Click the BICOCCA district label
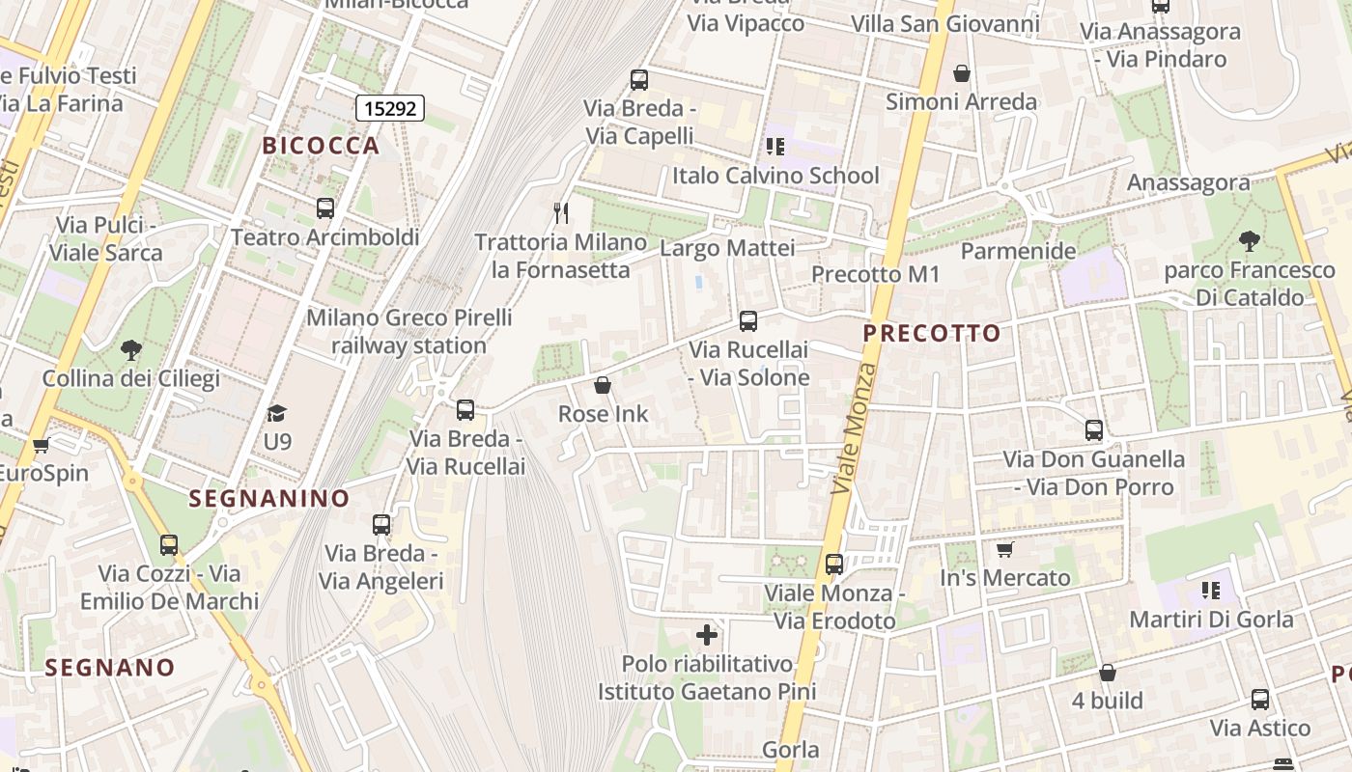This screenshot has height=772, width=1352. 321,146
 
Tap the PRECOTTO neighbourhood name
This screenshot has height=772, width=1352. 932,334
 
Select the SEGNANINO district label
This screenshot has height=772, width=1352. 269,498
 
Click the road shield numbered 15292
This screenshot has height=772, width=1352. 390,108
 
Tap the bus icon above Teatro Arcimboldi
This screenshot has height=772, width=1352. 325,208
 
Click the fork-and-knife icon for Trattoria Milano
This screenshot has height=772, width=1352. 561,212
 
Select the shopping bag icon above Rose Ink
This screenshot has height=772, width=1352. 603,386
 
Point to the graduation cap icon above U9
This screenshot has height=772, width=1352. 277,413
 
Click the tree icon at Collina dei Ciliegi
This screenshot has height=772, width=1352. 131,350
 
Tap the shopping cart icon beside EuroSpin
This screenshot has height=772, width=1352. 41,446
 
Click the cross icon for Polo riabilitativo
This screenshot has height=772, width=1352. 707,635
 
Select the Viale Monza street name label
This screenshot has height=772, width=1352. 854,429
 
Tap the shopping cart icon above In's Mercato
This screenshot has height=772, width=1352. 1005,549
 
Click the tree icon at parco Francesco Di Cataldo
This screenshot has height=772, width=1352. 1249,241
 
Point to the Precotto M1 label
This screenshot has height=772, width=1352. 875,274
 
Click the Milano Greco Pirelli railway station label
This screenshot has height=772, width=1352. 408,331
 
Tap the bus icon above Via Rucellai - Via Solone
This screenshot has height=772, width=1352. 747,321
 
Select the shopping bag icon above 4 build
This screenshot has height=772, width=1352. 1108,673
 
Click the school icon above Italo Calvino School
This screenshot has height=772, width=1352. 775,147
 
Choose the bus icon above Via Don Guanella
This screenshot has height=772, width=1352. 1093,430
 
